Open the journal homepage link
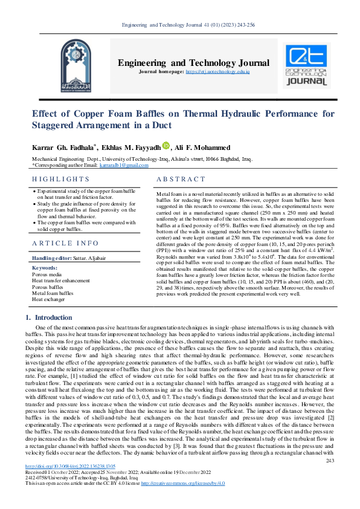[x=217, y=72]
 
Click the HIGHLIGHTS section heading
[x=60, y=180]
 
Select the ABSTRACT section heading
[x=181, y=180]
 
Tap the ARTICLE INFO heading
[x=65, y=243]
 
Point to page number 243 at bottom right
[x=330, y=477]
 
